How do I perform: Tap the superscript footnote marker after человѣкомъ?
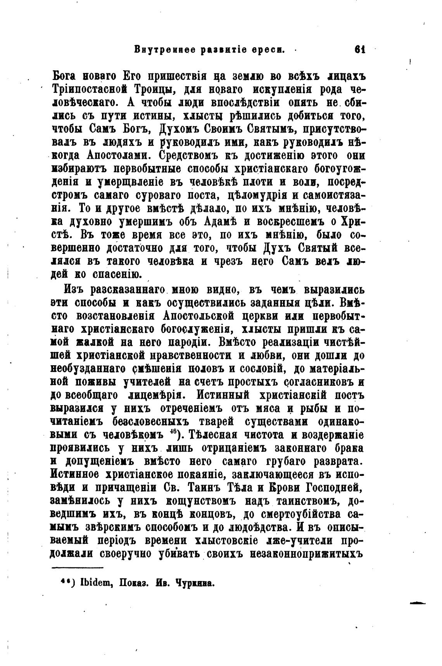click(x=174, y=432)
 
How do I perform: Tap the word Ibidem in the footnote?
click(x=92, y=583)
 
